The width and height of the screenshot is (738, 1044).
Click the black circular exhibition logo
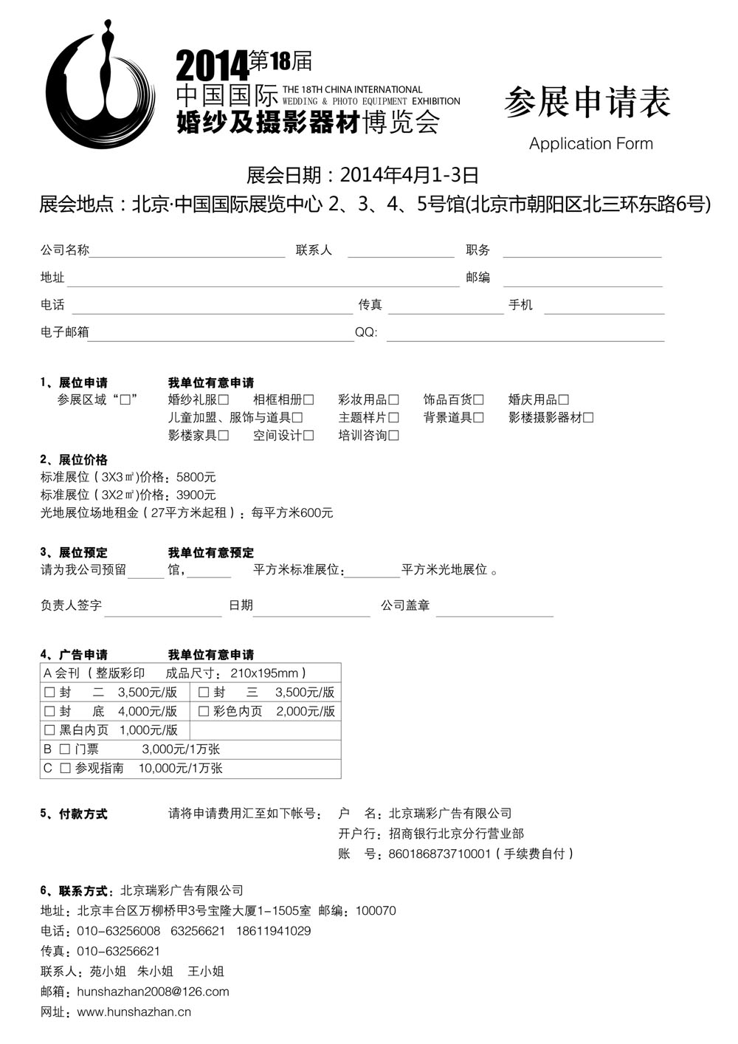pyautogui.click(x=100, y=85)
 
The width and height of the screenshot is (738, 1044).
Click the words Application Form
pyautogui.click(x=590, y=143)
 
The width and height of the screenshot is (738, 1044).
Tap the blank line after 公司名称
pyautogui.click(x=187, y=251)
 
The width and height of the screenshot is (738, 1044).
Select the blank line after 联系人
pyautogui.click(x=401, y=251)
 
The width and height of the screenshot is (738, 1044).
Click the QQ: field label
pyautogui.click(x=366, y=332)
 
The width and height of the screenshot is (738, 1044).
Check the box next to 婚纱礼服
pyautogui.click(x=224, y=400)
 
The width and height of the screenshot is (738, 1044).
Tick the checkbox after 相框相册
pyautogui.click(x=308, y=400)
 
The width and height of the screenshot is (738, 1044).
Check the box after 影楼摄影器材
pyautogui.click(x=588, y=418)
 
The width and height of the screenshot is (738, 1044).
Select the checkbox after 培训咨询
pyautogui.click(x=393, y=436)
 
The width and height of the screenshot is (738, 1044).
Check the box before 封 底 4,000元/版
pyautogui.click(x=49, y=711)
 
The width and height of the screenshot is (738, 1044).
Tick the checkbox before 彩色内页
pyautogui.click(x=204, y=711)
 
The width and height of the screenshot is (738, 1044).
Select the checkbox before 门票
pyautogui.click(x=65, y=749)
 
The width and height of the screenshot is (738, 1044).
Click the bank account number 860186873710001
pyautogui.click(x=439, y=854)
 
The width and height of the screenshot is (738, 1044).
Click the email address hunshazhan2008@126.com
pyautogui.click(x=153, y=992)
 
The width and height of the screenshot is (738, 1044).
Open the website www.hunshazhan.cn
pyautogui.click(x=134, y=1012)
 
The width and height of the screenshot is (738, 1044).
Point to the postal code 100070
pyautogui.click(x=376, y=910)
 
